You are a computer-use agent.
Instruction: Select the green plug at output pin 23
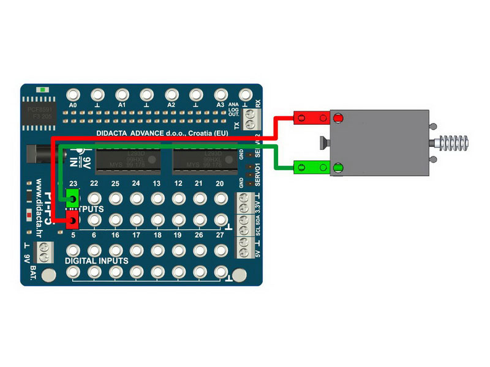[73, 198]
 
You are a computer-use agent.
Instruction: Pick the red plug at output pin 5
[73, 219]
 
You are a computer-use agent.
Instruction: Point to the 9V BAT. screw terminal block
[45, 251]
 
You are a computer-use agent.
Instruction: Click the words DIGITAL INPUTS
[97, 261]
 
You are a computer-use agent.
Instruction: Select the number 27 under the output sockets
[220, 234]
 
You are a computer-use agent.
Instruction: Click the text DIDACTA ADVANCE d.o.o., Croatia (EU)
[162, 133]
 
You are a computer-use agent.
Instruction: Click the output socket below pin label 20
[220, 199]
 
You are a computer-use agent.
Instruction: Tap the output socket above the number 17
[137, 219]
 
